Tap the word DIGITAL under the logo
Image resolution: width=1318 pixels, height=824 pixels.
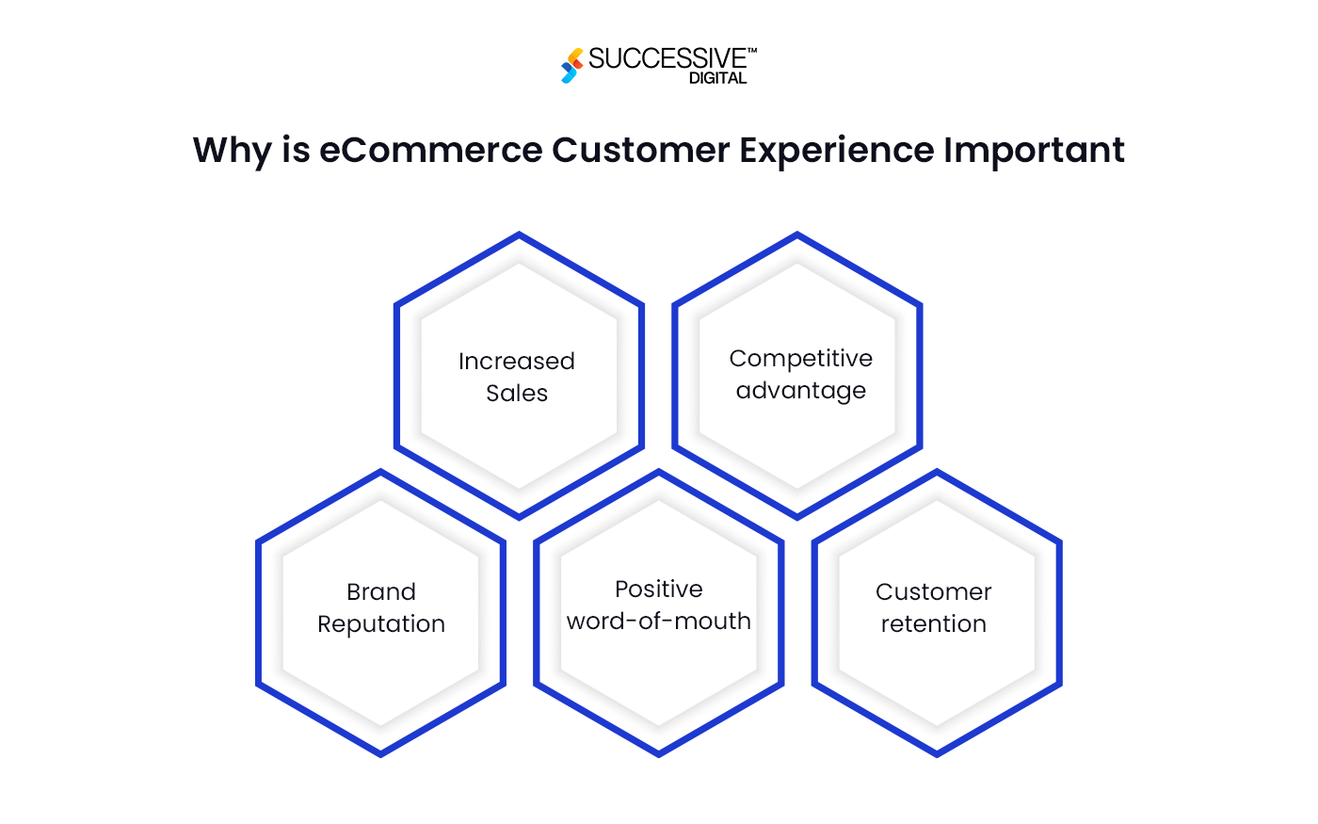tap(717, 79)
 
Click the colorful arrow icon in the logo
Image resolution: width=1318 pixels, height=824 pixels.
tap(571, 66)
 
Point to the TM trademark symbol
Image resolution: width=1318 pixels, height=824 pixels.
tap(752, 51)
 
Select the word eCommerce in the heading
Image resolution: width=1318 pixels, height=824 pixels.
tap(430, 151)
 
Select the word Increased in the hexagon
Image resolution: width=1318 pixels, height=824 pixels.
tap(517, 362)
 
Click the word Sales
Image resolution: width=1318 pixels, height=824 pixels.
tap(517, 394)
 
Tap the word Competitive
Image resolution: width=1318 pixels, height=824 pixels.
tap(800, 359)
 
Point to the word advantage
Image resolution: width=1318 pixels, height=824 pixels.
tap(800, 391)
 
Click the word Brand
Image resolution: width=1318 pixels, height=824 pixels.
tap(381, 592)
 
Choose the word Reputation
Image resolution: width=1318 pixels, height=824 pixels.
tap(381, 624)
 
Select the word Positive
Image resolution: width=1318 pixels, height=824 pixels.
tap(659, 590)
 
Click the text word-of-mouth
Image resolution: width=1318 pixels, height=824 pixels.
tap(659, 622)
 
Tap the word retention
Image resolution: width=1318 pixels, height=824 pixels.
tap(934, 624)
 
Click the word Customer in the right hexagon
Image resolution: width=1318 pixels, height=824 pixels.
tap(934, 592)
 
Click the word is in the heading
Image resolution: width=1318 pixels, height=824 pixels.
tap(296, 151)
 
